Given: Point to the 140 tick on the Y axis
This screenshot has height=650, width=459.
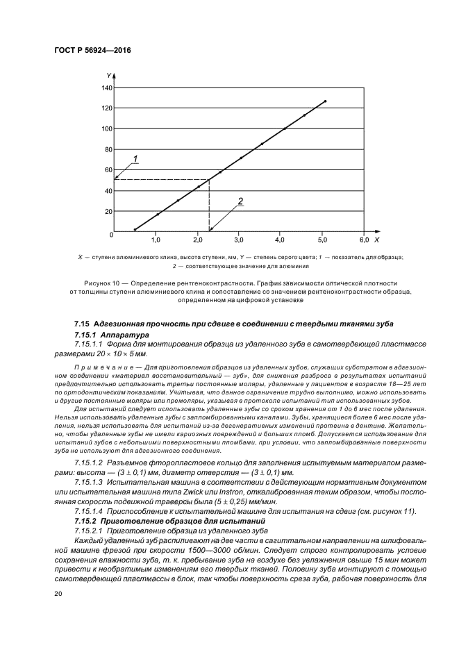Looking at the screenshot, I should [107, 88].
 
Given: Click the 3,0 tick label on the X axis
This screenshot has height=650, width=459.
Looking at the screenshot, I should [239, 240].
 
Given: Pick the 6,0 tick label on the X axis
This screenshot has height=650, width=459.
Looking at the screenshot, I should [363, 240].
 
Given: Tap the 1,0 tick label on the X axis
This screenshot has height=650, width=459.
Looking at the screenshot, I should [156, 240].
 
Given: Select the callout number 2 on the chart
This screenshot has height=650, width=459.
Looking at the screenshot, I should [240, 201].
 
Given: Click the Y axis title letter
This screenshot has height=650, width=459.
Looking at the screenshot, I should [109, 74].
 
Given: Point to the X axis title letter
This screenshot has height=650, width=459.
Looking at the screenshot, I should [376, 240].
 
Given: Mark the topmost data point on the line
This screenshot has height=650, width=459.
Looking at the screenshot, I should [325, 101].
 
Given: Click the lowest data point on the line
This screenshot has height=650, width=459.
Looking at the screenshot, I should [135, 229].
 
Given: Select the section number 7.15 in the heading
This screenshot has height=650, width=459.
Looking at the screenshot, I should [82, 325].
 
